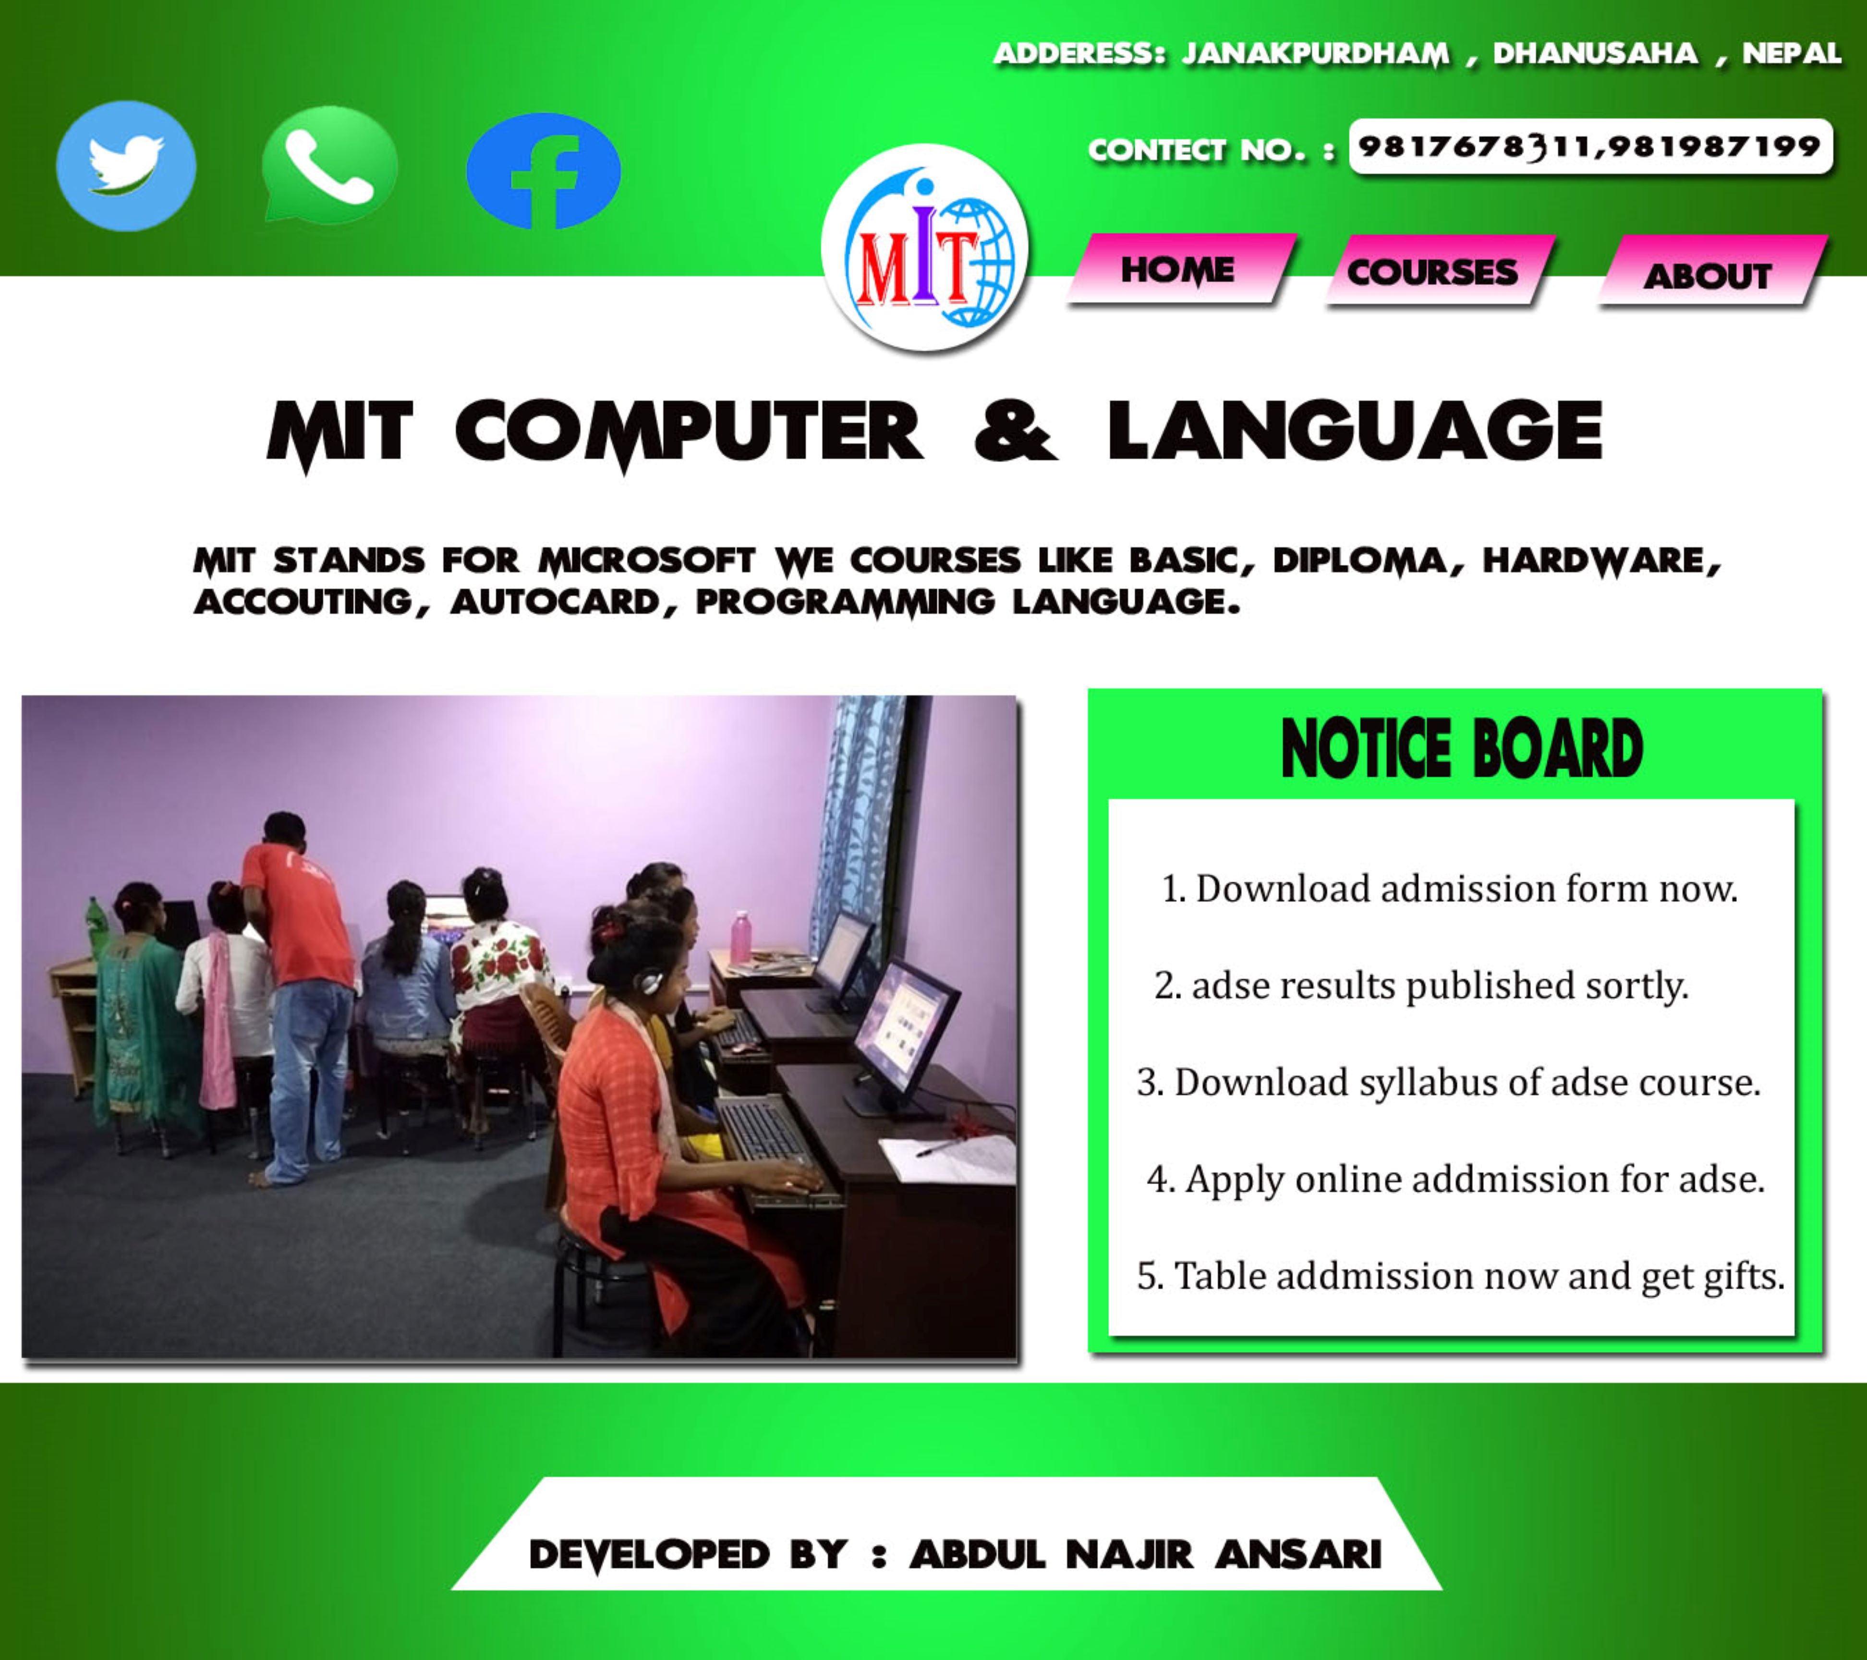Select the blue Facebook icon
tap(544, 171)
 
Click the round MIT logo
tap(924, 247)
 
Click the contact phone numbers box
tap(1590, 146)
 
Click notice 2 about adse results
tap(1421, 986)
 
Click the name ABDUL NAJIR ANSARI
tap(1145, 1554)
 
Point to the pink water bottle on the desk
tap(741, 937)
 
